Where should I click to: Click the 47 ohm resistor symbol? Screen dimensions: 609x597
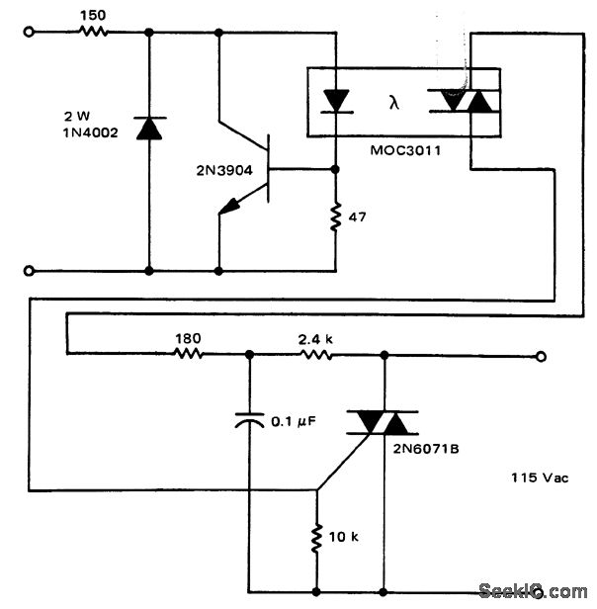pos(336,217)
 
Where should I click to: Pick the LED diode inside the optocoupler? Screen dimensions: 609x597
pos(337,101)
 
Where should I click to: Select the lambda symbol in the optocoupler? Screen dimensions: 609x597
pos(392,100)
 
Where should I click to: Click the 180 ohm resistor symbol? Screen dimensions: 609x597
pos(189,353)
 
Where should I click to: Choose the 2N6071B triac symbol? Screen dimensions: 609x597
pos(383,424)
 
